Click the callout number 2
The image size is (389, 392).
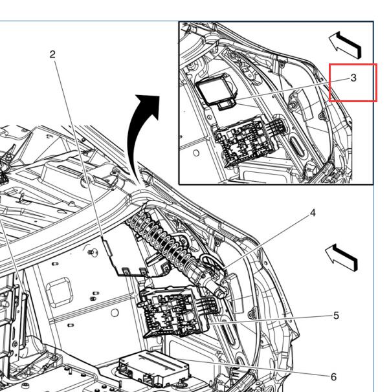[52, 54]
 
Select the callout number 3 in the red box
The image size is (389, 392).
[353, 78]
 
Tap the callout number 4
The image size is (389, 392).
[313, 213]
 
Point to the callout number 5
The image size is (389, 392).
[336, 316]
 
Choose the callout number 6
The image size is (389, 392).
[333, 376]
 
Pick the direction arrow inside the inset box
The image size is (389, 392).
[345, 45]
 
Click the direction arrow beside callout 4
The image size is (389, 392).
[342, 257]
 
